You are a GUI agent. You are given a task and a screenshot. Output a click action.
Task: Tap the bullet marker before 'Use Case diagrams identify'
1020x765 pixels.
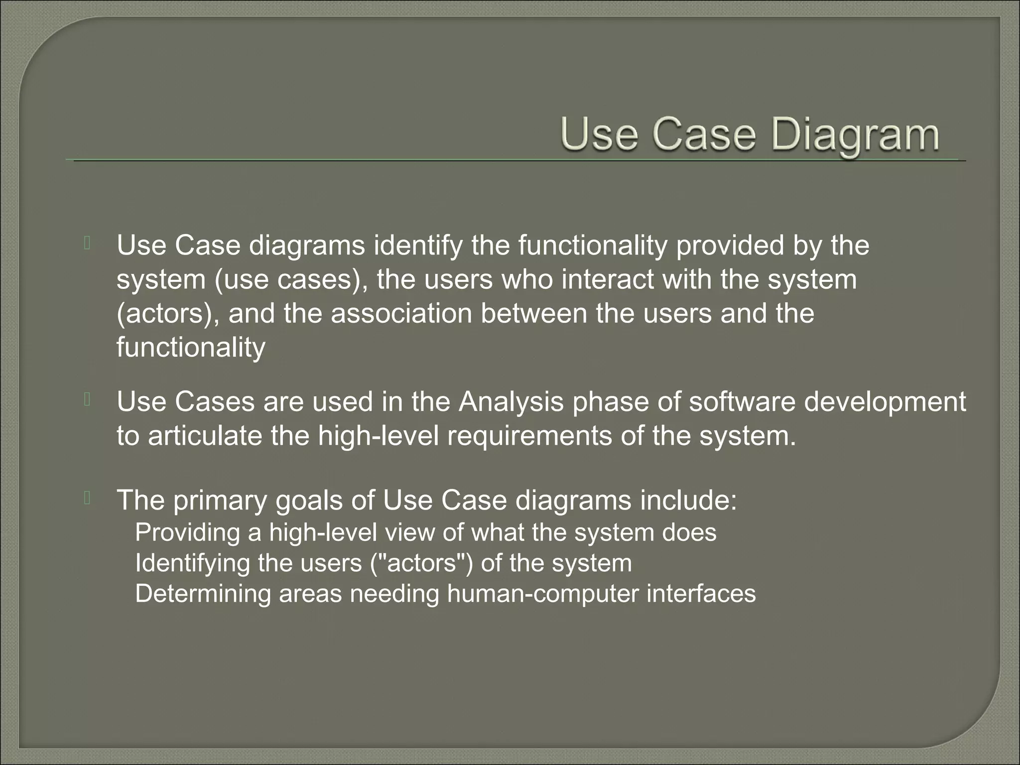pos(87,244)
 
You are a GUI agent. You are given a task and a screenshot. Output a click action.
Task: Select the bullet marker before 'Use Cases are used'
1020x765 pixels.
pos(87,400)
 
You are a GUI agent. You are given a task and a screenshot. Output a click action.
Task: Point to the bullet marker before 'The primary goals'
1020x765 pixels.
pos(87,498)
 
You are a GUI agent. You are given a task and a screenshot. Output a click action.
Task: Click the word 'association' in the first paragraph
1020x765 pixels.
pos(401,314)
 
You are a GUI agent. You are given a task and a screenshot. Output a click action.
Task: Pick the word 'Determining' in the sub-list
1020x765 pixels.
pos(203,594)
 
